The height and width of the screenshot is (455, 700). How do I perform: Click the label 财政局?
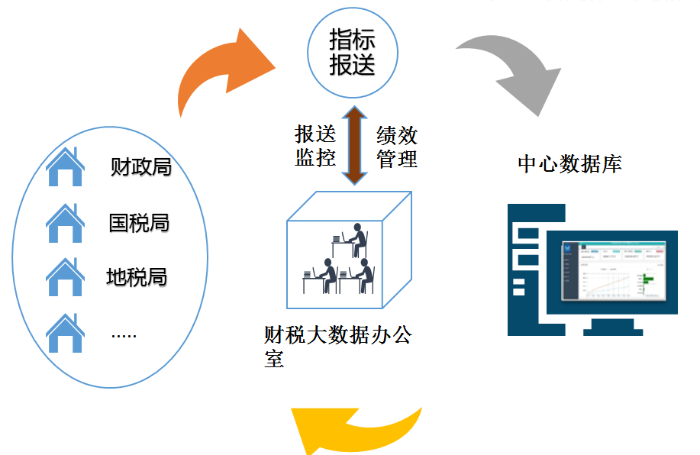pos(140,166)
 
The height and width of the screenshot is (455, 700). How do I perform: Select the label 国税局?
pos(139,223)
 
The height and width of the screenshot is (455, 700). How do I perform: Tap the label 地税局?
pos(137,276)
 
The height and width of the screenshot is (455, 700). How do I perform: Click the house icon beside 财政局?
pos(65,168)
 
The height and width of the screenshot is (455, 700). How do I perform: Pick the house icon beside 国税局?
pos(65,224)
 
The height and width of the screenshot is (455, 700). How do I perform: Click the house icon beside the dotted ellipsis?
pos(65,334)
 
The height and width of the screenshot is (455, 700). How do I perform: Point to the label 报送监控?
pos(315,147)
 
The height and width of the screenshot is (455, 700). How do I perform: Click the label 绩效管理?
pos(397,147)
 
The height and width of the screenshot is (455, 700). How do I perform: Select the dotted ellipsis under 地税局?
pos(123,334)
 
